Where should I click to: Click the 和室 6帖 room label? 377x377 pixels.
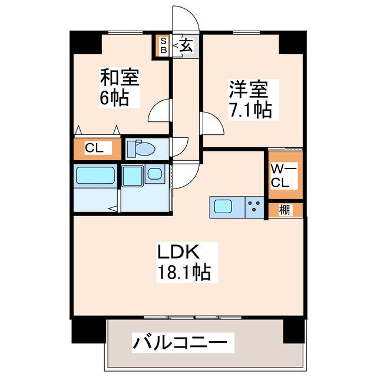pyautogui.click(x=120, y=88)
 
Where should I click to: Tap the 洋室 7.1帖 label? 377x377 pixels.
pyautogui.click(x=250, y=100)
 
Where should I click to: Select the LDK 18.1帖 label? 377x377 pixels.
pyautogui.click(x=184, y=262)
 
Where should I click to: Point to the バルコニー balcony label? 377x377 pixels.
pyautogui.click(x=180, y=342)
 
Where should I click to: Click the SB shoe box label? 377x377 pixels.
pyautogui.click(x=164, y=46)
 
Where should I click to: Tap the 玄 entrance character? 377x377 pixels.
pyautogui.click(x=186, y=45)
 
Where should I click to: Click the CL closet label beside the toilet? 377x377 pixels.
pyautogui.click(x=94, y=148)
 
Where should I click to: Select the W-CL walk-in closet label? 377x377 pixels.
pyautogui.click(x=283, y=176)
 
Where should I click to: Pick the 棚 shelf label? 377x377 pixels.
pyautogui.click(x=285, y=210)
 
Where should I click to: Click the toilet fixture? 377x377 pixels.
pyautogui.click(x=141, y=148)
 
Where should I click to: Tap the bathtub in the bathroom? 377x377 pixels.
pyautogui.click(x=95, y=176)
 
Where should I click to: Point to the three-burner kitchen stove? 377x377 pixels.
pyautogui.click(x=254, y=207)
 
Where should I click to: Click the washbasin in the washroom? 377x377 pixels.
pyautogui.click(x=154, y=174)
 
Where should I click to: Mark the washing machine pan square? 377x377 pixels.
pyautogui.click(x=132, y=176)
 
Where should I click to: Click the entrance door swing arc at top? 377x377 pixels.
pyautogui.click(x=193, y=14)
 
